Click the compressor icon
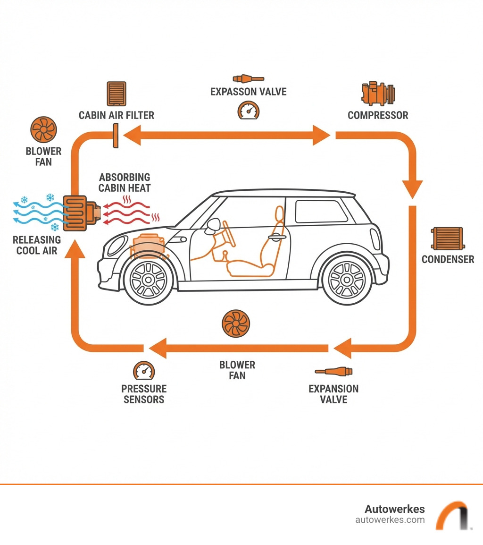pos(378,94)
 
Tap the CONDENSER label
pos(448,259)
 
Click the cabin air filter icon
pos(117,94)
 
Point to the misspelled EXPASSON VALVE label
pos(248,91)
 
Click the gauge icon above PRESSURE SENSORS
pos(144,372)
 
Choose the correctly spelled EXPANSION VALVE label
pos(333,394)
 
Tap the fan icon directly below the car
pos(235,324)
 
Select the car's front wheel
pos(148,279)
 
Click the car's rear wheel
pos(347,279)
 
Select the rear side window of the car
pos(321,211)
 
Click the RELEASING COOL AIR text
pos(37,245)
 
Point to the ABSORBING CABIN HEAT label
pos(125,182)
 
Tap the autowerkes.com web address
pos(390,520)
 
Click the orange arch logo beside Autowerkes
pos(451,515)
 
